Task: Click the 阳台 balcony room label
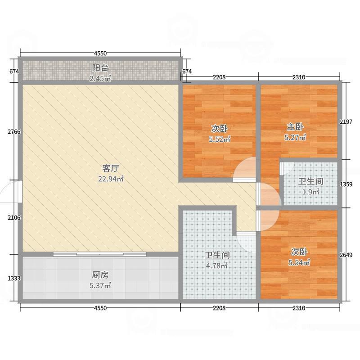point(100,68)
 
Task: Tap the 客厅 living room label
point(111,168)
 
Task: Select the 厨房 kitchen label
point(100,275)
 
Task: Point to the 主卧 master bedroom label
point(295,127)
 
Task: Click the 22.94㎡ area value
point(111,179)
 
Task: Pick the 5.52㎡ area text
point(220,139)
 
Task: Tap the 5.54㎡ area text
point(299,262)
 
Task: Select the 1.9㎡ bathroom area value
point(310,192)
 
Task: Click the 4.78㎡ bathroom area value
point(217,265)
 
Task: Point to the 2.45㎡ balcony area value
point(100,79)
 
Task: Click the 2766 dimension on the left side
point(14,132)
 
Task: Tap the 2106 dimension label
point(14,217)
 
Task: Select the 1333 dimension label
point(14,279)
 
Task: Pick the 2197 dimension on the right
point(346,122)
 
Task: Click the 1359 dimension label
point(346,184)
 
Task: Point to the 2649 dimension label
point(346,255)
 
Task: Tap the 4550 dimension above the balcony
point(100,54)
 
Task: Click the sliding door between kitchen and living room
point(99,254)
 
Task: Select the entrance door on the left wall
point(20,192)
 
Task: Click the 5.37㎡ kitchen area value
point(100,286)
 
